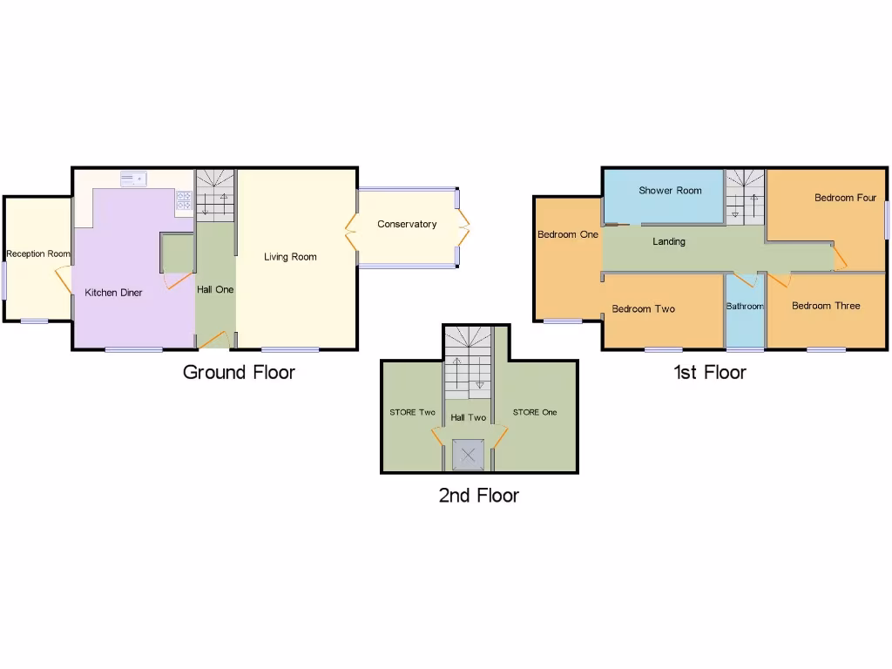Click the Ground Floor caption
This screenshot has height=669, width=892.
[239, 373]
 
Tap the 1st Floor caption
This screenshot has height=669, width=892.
[709, 373]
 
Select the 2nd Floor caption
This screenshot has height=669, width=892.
[478, 497]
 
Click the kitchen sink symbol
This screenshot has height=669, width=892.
[134, 179]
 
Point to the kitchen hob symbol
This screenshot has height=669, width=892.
[184, 201]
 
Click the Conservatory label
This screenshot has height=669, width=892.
[407, 225]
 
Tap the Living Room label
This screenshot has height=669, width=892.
[290, 257]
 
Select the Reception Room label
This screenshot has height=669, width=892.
[37, 254]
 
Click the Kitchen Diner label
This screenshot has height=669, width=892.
[113, 293]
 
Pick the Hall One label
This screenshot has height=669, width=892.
[214, 289]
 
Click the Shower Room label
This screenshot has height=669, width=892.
[670, 191]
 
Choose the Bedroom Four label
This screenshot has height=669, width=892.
[845, 198]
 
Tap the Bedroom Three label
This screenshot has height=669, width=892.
[825, 306]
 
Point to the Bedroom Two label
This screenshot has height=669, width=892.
[643, 309]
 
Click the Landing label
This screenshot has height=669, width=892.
[669, 242]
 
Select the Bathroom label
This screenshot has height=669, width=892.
[745, 307]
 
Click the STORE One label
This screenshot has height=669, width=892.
[534, 413]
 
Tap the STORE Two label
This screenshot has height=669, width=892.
[412, 413]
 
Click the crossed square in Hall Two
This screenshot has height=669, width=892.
[470, 455]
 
